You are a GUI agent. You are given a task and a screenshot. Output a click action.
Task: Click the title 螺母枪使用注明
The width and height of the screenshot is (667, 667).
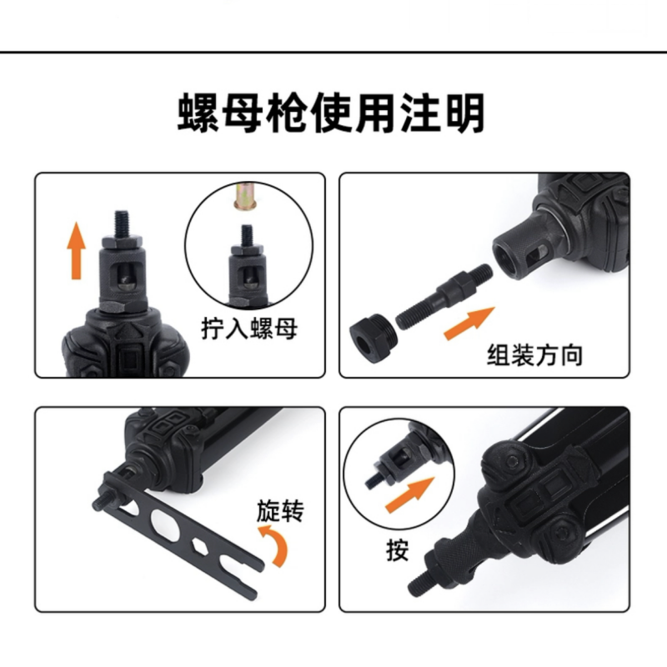331,113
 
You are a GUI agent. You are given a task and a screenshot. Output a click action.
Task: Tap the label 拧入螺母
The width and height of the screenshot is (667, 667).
249,328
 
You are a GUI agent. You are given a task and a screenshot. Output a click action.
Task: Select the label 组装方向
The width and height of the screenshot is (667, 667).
534,355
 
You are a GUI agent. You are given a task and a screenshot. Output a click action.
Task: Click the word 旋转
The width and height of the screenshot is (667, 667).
280,510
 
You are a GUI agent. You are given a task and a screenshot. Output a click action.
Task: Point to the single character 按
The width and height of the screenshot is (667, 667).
398,550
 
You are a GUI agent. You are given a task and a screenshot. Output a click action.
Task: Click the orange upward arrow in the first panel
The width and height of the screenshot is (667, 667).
76,250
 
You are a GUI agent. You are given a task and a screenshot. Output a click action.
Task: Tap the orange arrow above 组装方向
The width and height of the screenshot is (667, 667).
469,323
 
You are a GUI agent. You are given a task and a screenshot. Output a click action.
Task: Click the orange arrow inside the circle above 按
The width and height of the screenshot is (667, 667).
409,494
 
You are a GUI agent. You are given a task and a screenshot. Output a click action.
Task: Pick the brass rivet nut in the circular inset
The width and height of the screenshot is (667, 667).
247,196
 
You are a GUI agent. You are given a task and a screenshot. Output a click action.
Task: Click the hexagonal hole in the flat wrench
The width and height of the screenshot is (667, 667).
199,546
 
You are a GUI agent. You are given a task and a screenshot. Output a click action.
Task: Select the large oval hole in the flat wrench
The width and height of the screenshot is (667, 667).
165,524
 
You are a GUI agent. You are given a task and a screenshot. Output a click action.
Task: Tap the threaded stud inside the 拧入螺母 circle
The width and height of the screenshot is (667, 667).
247,235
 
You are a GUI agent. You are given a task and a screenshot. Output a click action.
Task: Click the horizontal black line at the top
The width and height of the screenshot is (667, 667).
333,53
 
